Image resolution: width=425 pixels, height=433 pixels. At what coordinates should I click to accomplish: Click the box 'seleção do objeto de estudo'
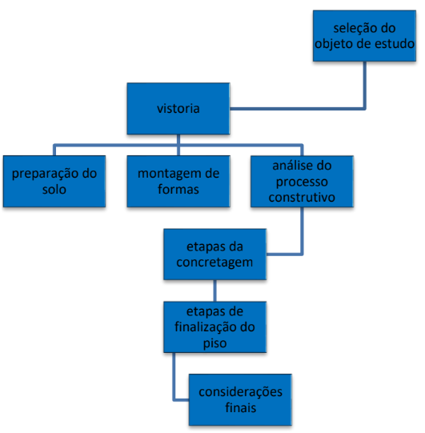pos(364,36)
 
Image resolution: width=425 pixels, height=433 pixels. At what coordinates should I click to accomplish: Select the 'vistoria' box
pos(178,109)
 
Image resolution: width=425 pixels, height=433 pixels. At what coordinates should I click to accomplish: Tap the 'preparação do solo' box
pos(54,181)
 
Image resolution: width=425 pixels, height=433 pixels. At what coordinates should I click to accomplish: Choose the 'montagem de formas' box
pos(178,181)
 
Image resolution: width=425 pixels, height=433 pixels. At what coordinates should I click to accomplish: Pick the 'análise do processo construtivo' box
pos(302,182)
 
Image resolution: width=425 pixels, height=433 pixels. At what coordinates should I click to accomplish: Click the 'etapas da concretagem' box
pos(215,255)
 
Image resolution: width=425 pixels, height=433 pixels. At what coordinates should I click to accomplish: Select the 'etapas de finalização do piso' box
pos(215,327)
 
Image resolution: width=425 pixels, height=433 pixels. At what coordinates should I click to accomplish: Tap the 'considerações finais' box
pos(240,399)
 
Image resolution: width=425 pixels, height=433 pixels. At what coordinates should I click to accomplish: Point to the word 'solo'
pos(54,190)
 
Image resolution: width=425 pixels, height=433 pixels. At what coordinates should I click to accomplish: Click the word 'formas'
pos(178,190)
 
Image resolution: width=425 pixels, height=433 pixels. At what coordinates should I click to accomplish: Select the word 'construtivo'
pos(302,198)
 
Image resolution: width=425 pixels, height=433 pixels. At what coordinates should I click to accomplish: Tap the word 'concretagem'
pos(215,263)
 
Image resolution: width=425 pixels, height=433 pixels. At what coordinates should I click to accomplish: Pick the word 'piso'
pos(215,343)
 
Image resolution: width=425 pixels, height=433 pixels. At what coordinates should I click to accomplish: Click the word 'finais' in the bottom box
pos(241,407)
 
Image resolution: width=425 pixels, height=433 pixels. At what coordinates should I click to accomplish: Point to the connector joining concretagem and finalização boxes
pos(215,291)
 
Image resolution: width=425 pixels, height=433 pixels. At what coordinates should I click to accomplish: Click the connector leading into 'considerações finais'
pos(174,384)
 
